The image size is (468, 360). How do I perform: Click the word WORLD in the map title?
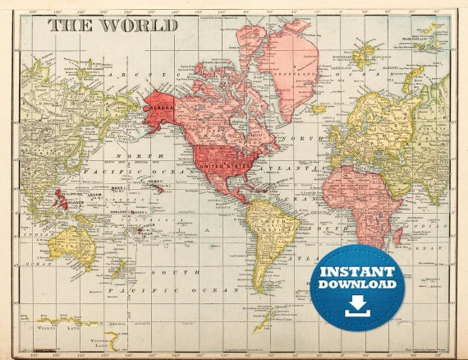coord(139,25)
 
